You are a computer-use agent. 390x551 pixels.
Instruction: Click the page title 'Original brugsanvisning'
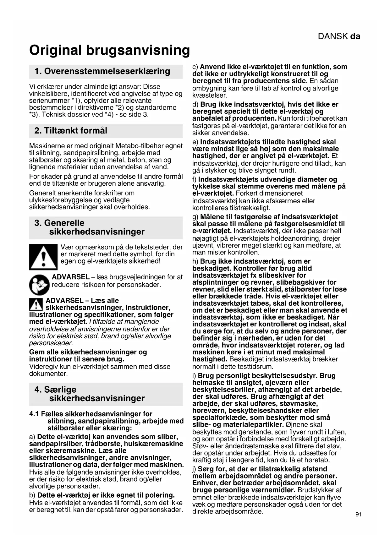(109, 50)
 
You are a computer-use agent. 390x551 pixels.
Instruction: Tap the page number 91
(359, 514)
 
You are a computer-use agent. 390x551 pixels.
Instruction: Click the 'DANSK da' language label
(339, 36)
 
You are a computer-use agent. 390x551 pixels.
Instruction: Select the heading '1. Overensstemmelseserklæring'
(102, 71)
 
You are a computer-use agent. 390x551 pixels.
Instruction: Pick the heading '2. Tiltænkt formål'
(71, 131)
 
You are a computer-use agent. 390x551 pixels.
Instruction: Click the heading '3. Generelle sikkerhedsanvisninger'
(90, 227)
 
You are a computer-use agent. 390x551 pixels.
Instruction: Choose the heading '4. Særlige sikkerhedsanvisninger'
(90, 394)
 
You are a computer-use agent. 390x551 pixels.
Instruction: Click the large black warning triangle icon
(43, 257)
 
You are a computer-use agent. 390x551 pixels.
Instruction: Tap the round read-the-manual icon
(39, 285)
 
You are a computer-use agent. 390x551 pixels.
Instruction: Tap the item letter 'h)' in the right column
(195, 261)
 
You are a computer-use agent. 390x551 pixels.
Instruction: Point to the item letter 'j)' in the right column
(194, 469)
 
